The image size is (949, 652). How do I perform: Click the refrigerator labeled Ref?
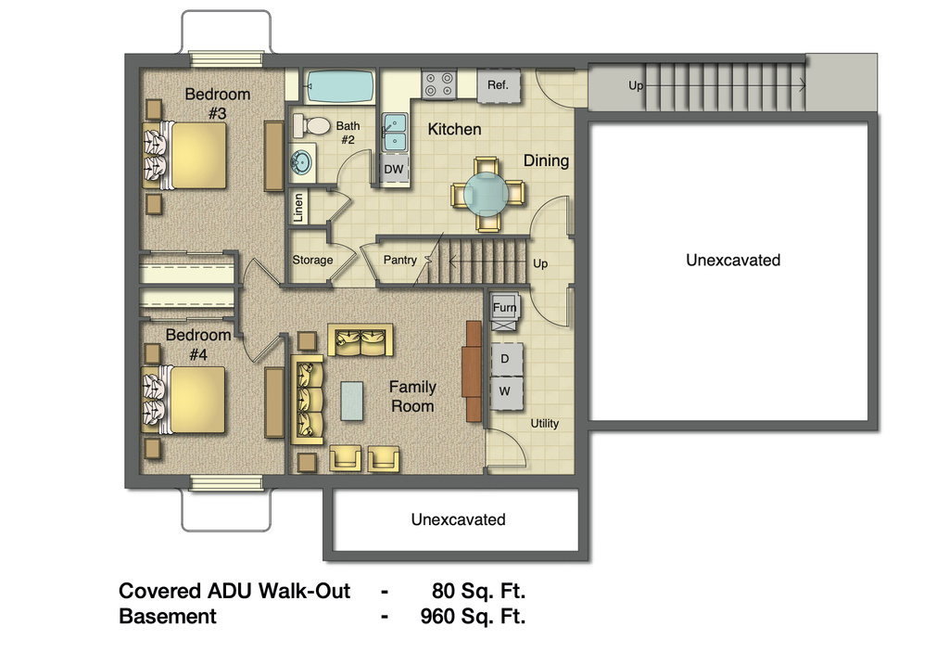click(x=499, y=86)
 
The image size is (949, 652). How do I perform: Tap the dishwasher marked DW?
click(x=394, y=169)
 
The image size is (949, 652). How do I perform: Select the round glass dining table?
click(x=487, y=193)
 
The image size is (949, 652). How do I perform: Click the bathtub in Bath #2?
click(x=339, y=87)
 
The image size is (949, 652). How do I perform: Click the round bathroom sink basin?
click(x=303, y=162)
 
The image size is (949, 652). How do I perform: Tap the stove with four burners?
click(x=438, y=84)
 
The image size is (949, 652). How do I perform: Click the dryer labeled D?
click(x=505, y=358)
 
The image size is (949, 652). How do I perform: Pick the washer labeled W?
click(x=505, y=390)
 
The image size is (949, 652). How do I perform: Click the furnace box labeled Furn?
click(x=505, y=308)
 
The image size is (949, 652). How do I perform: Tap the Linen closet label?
click(x=298, y=208)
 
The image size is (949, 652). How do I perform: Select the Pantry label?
click(x=400, y=260)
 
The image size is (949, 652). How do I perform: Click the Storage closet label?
click(x=312, y=260)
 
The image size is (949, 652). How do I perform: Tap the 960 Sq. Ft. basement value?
click(x=467, y=616)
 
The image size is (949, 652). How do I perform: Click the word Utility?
click(x=544, y=423)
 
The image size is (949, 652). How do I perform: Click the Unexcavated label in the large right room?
click(x=732, y=260)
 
